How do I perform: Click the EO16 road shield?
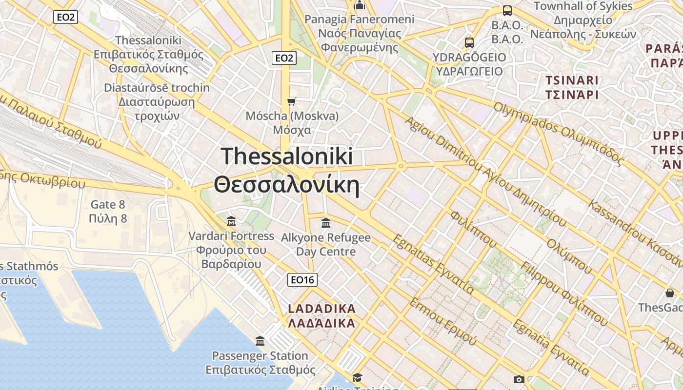(302, 279)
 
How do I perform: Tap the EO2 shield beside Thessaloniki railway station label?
(65, 18)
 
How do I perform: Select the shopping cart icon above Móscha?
(292, 101)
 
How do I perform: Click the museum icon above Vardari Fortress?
(231, 221)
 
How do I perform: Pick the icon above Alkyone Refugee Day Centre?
(326, 223)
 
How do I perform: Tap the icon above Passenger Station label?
(260, 340)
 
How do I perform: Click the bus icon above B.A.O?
(507, 10)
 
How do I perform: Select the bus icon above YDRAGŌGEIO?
(469, 42)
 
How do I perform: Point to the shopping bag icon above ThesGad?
(669, 293)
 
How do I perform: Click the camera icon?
(519, 379)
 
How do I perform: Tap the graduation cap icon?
(358, 377)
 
